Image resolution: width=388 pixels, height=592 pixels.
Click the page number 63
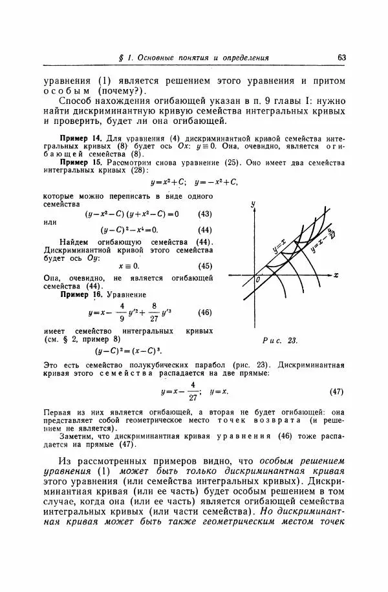pos(341,57)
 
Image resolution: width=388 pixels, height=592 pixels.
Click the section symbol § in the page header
pos(122,58)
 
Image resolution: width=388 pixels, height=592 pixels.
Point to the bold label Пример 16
pos(81,294)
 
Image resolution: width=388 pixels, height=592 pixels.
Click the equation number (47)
pos(336,392)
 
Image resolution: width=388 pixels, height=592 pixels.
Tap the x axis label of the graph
pos(336,274)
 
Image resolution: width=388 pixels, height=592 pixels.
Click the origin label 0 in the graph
pos(257,279)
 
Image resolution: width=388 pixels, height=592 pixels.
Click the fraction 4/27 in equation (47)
pos(193,392)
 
